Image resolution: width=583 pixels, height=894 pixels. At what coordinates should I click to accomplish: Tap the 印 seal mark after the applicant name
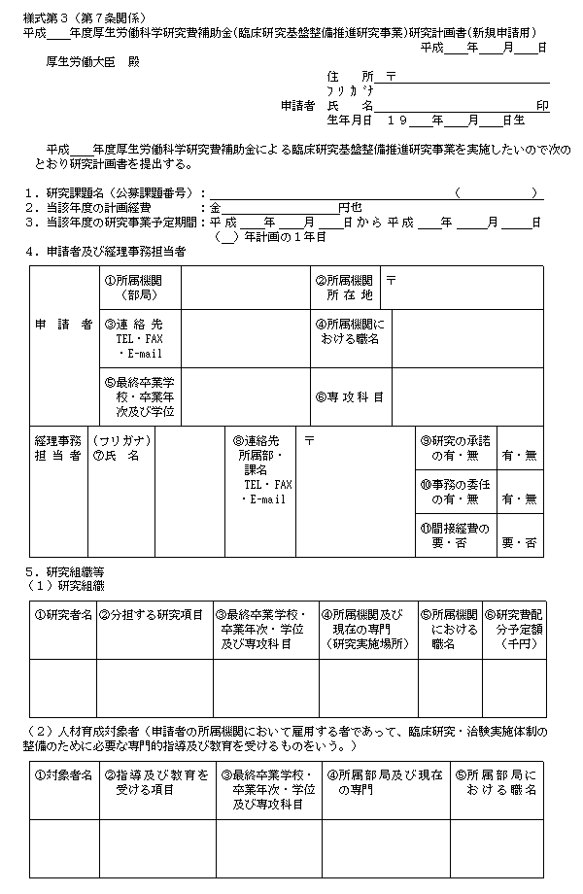(543, 105)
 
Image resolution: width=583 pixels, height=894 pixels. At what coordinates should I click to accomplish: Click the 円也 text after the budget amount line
(350, 207)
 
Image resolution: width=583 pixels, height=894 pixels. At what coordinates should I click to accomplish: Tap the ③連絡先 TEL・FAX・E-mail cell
(140, 337)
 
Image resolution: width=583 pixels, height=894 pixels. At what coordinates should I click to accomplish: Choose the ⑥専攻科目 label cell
(349, 396)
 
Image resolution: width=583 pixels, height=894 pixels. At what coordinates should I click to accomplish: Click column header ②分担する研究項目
(154, 614)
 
